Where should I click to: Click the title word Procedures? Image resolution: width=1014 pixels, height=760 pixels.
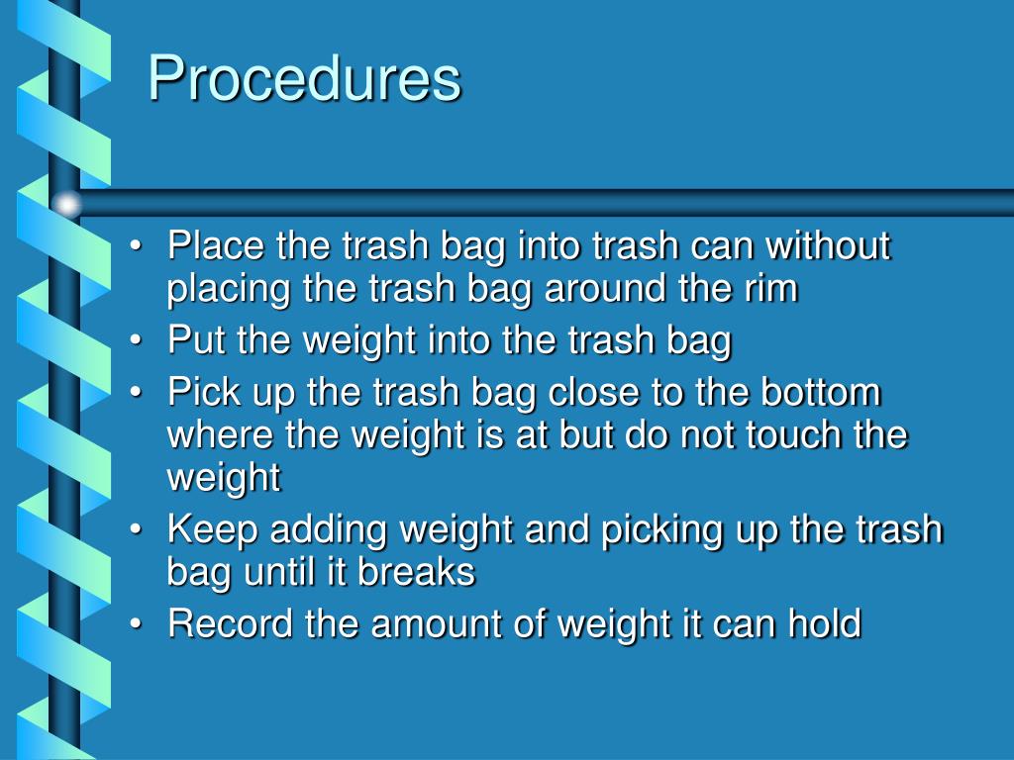coord(304,79)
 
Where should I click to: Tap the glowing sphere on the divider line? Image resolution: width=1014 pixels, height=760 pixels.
coord(67,205)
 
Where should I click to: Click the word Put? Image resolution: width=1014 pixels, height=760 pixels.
coord(197,340)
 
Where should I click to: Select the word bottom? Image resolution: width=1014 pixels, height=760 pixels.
coord(821,392)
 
